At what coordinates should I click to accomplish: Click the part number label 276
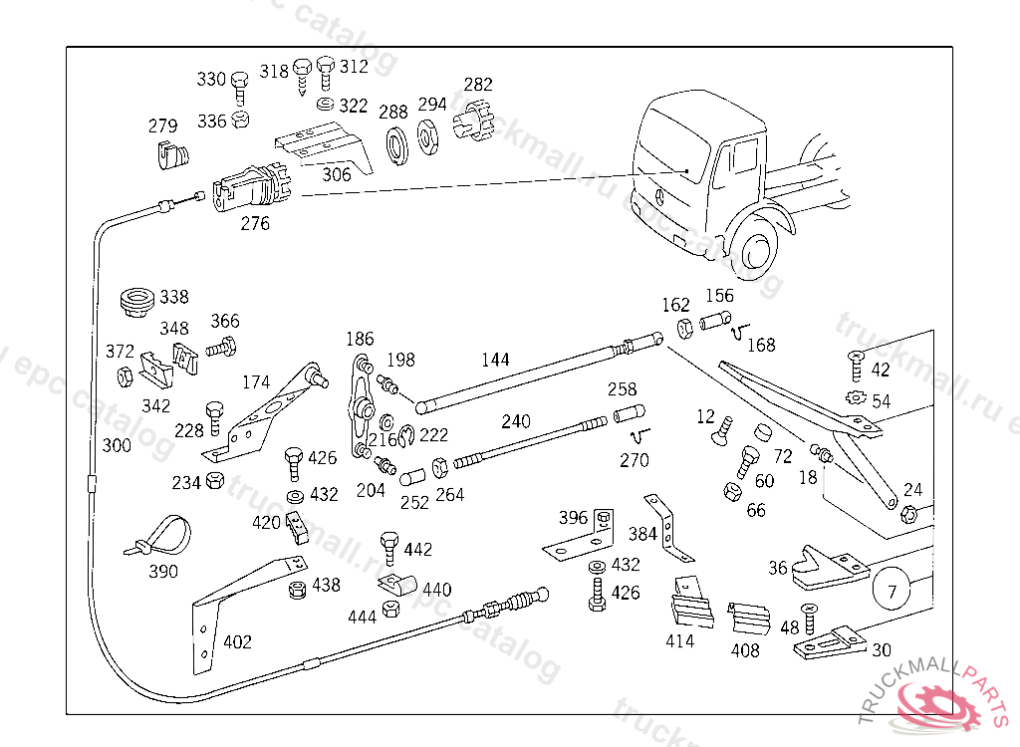(255, 224)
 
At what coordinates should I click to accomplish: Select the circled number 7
(892, 592)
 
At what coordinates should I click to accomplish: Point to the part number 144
(495, 360)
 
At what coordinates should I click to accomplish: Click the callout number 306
(336, 173)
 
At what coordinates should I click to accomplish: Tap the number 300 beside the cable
(117, 445)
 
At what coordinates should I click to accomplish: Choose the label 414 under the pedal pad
(680, 641)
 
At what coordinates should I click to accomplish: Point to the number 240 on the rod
(516, 421)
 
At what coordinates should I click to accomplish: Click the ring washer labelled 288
(394, 143)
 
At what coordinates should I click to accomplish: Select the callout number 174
(256, 381)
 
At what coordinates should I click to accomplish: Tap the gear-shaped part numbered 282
(475, 124)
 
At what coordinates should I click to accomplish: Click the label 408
(745, 650)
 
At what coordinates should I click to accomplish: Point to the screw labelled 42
(856, 366)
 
